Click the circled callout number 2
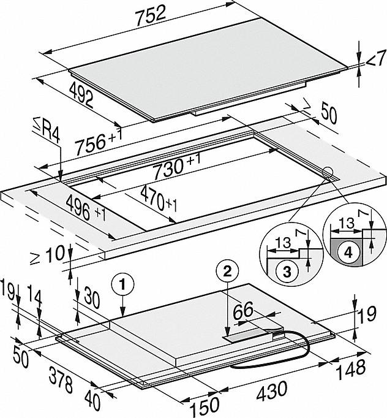coord(227,271)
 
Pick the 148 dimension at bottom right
coord(351,367)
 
